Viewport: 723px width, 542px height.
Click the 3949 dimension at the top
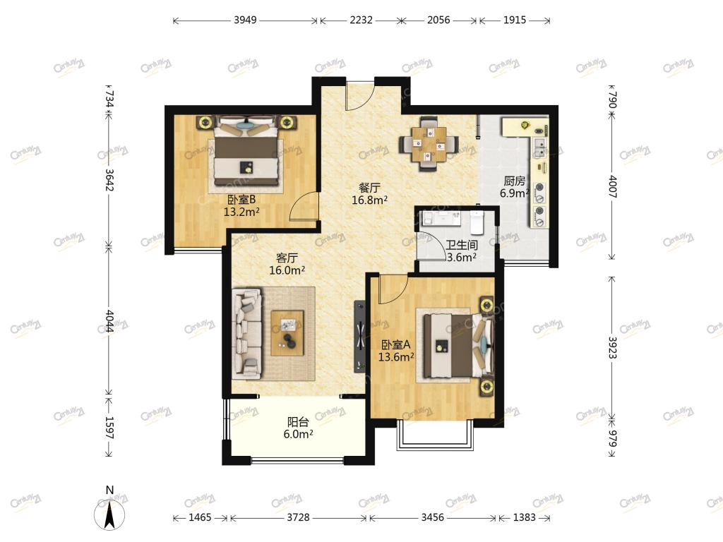[x=245, y=20]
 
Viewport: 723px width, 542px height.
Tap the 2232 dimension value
[x=361, y=20]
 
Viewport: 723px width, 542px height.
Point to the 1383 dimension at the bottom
[x=525, y=517]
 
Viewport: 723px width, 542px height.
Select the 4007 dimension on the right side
[x=613, y=186]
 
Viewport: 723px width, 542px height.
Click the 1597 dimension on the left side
[x=109, y=428]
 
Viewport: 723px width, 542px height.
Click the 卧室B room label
[x=241, y=200]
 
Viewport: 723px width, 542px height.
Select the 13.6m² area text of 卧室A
[x=395, y=356]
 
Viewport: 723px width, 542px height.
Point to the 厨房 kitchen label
[x=514, y=181]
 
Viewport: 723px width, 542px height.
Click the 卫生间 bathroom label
[x=462, y=245]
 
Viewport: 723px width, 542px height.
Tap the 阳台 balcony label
[x=299, y=422]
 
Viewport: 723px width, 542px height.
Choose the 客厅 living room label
[x=287, y=258]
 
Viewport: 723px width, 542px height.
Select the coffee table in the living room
[x=287, y=333]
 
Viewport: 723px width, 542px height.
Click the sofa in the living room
[x=246, y=334]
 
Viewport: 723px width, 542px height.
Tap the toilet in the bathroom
[x=477, y=222]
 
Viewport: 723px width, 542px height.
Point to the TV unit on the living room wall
[x=359, y=337]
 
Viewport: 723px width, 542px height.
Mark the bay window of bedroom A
[x=435, y=435]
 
